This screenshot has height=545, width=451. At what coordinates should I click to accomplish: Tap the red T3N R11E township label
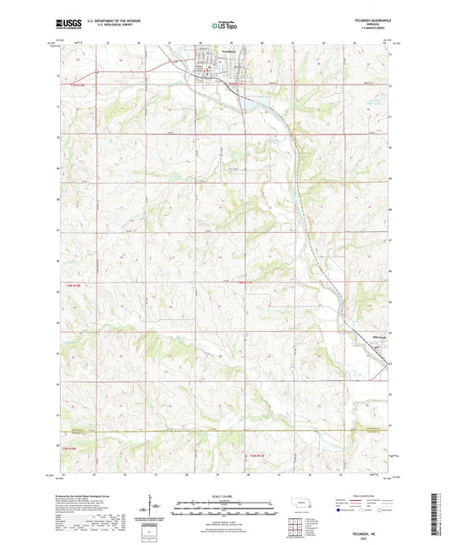pyautogui.click(x=256, y=456)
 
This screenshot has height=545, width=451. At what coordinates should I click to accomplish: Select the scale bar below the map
pyautogui.click(x=224, y=504)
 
